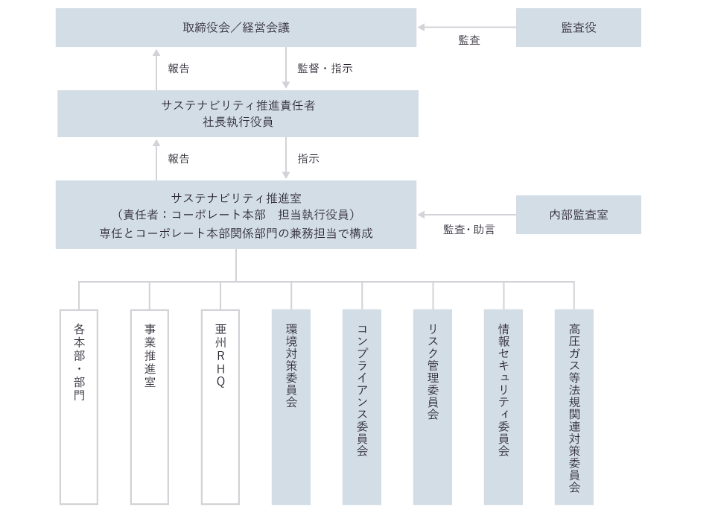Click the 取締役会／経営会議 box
pyautogui.click(x=235, y=28)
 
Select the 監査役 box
pyautogui.click(x=578, y=28)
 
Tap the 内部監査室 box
pyautogui.click(x=578, y=215)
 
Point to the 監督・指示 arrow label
pyautogui.click(x=325, y=69)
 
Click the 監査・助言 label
pyautogui.click(x=468, y=230)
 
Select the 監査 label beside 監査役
pyautogui.click(x=469, y=41)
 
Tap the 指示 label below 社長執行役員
pyautogui.click(x=308, y=159)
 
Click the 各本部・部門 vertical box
pyautogui.click(x=79, y=407)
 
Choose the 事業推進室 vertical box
pyautogui.click(x=150, y=407)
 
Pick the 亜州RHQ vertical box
pyautogui.click(x=220, y=407)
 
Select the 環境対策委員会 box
pyautogui.click(x=291, y=407)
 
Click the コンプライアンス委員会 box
pyautogui.click(x=362, y=407)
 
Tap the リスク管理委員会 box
pyautogui.click(x=433, y=407)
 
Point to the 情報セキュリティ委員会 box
pyautogui.click(x=503, y=407)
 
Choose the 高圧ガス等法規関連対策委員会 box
pyautogui.click(x=574, y=407)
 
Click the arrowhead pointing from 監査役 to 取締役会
pyautogui.click(x=422, y=28)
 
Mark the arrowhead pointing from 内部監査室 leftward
pyautogui.click(x=422, y=215)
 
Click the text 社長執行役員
pyautogui.click(x=238, y=122)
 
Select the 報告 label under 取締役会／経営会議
pyautogui.click(x=179, y=69)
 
